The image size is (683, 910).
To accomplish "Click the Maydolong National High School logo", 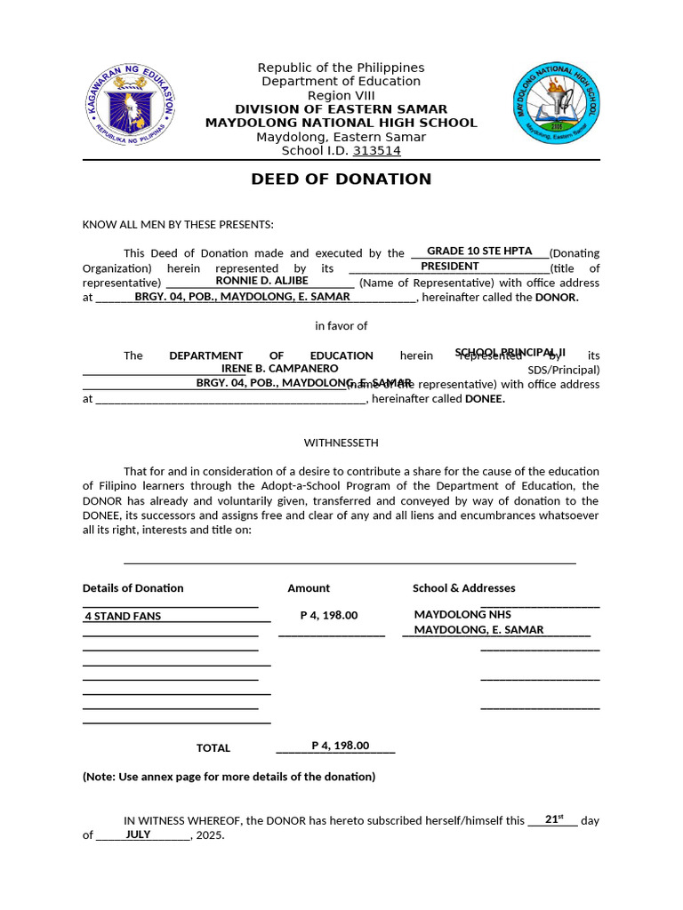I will (x=557, y=105).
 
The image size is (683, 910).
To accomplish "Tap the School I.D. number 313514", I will (x=377, y=151).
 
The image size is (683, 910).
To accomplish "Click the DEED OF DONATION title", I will (x=341, y=179).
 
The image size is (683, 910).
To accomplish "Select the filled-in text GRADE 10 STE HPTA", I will (x=479, y=251).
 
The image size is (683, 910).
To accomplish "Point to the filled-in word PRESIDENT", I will (x=449, y=267).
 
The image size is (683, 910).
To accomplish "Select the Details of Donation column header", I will (x=133, y=588).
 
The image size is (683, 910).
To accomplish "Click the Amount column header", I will (x=309, y=588).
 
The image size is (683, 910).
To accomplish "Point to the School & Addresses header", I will (x=463, y=588).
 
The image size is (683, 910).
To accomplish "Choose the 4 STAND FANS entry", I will (x=123, y=616).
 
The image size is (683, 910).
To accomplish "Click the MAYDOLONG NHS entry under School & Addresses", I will (x=462, y=614).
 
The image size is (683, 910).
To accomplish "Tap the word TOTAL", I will (x=213, y=748).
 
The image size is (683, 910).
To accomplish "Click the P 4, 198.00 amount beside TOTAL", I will (x=340, y=746).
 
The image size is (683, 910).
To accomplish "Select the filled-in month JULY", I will (x=138, y=834).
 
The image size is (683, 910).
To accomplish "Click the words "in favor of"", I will (x=341, y=326).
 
